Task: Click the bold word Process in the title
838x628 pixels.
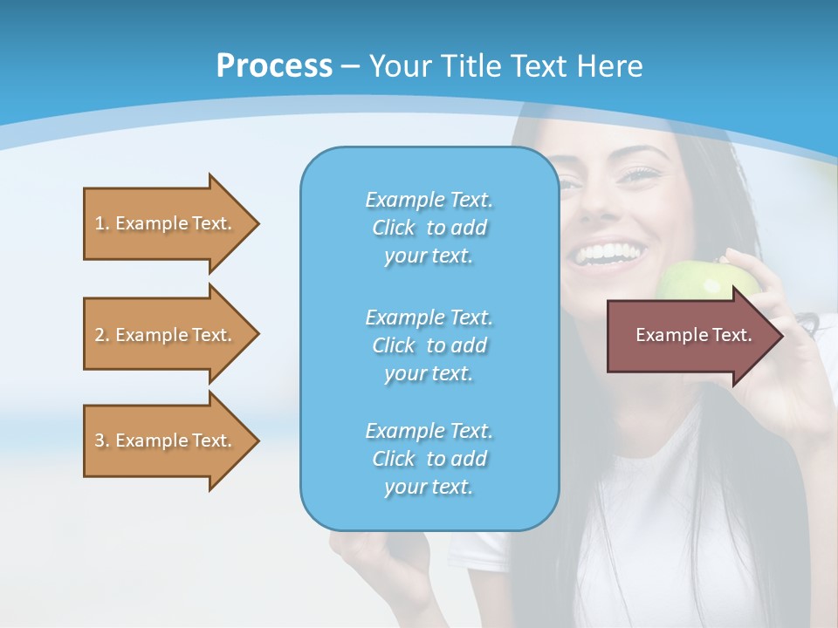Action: click(x=274, y=66)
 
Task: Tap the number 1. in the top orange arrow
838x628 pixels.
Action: click(x=102, y=223)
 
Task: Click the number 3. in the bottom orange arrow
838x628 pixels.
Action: click(x=102, y=440)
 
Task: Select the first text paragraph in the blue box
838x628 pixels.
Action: click(x=429, y=228)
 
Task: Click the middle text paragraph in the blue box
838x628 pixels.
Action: click(x=429, y=345)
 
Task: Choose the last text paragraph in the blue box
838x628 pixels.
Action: click(x=429, y=458)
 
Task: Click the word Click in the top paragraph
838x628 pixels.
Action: click(x=394, y=228)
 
